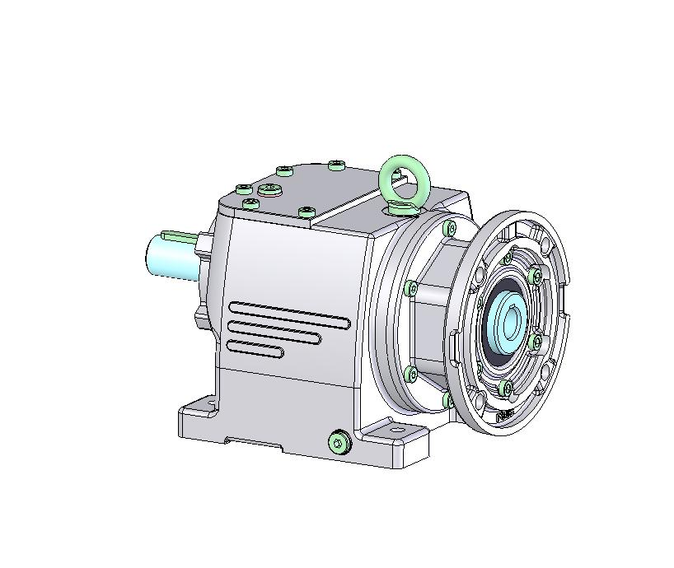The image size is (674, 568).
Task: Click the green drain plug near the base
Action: [338, 443]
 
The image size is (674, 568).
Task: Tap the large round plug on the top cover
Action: [270, 190]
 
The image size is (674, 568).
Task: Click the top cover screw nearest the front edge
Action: [306, 212]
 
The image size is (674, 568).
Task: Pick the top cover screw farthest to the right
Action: [336, 165]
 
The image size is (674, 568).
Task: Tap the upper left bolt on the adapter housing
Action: [449, 228]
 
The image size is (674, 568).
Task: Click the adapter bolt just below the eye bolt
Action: [449, 228]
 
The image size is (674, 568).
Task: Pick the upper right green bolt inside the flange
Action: [536, 274]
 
